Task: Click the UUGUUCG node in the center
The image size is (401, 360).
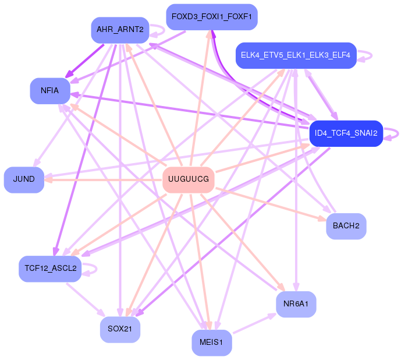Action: [x=188, y=179]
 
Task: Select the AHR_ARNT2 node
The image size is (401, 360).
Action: [x=120, y=30]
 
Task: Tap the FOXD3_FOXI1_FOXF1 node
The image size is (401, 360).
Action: [x=211, y=17]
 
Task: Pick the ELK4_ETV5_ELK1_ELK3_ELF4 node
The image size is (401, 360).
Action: [x=296, y=55]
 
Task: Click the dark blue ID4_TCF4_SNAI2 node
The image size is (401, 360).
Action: [x=346, y=133]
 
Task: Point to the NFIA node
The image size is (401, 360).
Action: [x=49, y=91]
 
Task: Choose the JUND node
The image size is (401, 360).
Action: [x=24, y=179]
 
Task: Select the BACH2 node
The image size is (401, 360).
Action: [x=346, y=225]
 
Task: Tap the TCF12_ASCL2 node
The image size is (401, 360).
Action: [x=50, y=268]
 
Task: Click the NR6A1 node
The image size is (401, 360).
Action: [x=296, y=304]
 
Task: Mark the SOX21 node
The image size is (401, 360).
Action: [x=120, y=329]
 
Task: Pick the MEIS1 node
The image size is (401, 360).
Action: [x=211, y=343]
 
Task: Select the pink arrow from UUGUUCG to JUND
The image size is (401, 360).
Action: [x=105, y=179]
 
